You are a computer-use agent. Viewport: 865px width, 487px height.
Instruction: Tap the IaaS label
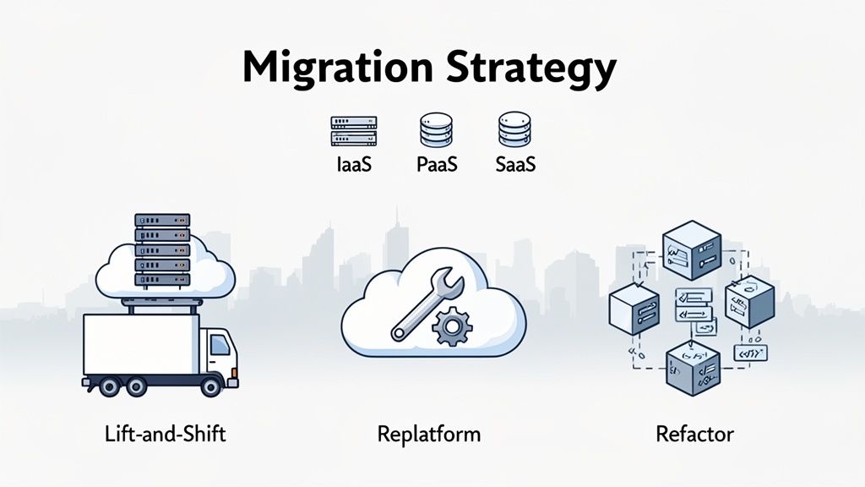pos(354,165)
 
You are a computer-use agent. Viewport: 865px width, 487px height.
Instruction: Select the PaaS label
pos(437,165)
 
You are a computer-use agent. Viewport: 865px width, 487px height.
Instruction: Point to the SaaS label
pos(515,165)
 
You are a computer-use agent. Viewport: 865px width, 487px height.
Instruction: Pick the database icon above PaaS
pos(436,131)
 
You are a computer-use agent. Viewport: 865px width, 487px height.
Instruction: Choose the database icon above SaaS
pos(514,131)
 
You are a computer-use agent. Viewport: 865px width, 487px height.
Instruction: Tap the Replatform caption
pos(428,435)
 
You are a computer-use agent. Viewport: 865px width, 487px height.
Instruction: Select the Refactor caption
pos(694,435)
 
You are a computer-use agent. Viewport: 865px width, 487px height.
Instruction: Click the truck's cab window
pos(220,343)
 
